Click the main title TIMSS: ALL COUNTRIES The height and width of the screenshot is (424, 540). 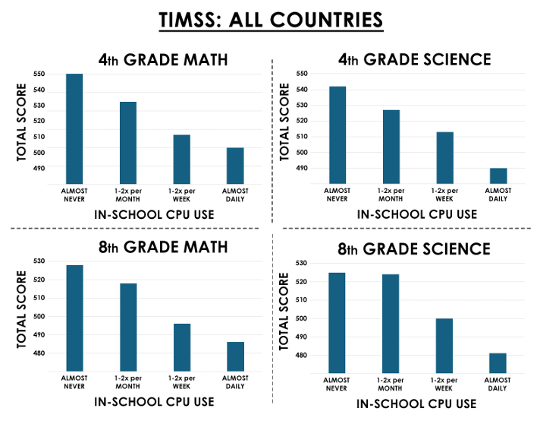(271, 20)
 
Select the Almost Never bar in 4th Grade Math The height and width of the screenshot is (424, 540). (74, 128)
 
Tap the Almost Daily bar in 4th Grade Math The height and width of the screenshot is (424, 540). (235, 166)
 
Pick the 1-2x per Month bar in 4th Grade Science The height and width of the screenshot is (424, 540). (391, 147)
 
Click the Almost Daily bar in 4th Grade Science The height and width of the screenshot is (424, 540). (498, 176)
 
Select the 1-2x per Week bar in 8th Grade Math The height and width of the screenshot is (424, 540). (182, 347)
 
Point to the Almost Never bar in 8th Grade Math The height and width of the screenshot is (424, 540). (75, 318)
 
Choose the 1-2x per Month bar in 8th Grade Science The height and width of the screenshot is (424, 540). (391, 324)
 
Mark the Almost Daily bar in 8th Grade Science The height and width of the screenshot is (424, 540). (498, 363)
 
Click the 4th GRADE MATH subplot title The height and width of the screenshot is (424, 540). (163, 60)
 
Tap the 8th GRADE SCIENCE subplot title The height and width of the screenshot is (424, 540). (414, 249)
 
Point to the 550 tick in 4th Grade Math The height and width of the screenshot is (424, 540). (39, 74)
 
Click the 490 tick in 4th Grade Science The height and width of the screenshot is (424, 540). (302, 168)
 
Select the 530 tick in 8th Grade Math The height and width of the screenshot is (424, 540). (39, 261)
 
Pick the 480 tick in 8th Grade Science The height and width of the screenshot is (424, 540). (301, 355)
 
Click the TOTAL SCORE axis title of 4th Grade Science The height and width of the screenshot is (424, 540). (284, 122)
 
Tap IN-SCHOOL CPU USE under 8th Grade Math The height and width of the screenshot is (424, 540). (154, 402)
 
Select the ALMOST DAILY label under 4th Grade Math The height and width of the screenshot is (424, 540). (235, 195)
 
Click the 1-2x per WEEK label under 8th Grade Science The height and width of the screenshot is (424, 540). (444, 384)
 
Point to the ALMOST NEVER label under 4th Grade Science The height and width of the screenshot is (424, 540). (337, 195)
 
